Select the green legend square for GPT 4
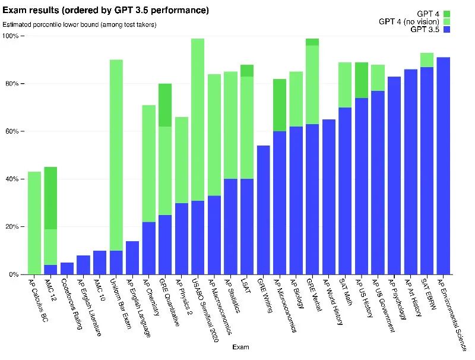pyautogui.click(x=446, y=13)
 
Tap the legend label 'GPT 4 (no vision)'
pyautogui.click(x=408, y=21)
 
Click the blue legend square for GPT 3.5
pyautogui.click(x=446, y=30)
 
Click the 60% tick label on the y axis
pyautogui.click(x=12, y=131)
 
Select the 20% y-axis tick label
pyautogui.click(x=12, y=227)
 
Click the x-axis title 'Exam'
pyautogui.click(x=240, y=346)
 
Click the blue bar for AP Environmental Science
pyautogui.click(x=443, y=166)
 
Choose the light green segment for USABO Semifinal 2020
pyautogui.click(x=198, y=119)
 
